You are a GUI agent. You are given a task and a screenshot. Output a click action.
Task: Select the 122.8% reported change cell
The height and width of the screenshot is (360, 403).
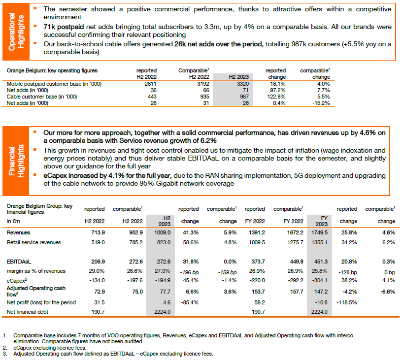(x=276, y=97)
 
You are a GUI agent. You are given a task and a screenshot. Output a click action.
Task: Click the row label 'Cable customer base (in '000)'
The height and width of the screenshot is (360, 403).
(x=42, y=97)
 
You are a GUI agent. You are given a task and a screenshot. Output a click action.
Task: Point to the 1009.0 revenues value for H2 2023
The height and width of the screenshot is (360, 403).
(x=163, y=232)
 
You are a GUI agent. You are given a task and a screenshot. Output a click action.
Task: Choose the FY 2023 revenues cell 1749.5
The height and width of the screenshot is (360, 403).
(x=319, y=232)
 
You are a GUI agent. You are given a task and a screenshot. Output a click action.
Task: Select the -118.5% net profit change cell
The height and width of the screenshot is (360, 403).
(x=347, y=302)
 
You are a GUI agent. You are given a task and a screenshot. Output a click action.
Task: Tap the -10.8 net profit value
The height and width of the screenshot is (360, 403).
(x=321, y=302)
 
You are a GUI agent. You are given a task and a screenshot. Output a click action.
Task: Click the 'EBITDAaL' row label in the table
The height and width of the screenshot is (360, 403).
(x=19, y=262)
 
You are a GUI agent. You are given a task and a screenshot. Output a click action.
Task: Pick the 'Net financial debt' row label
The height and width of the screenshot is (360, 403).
(x=28, y=312)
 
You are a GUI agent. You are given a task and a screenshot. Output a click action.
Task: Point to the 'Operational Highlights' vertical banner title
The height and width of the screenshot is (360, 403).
(x=16, y=32)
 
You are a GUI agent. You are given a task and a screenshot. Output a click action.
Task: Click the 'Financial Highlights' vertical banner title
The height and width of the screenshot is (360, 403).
(x=16, y=161)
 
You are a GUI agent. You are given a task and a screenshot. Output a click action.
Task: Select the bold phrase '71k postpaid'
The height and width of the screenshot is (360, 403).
(x=64, y=27)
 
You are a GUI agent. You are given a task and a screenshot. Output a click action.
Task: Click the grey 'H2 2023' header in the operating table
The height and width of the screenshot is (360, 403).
(x=239, y=77)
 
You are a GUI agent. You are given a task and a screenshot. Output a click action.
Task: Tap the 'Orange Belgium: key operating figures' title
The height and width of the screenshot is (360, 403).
(x=52, y=70)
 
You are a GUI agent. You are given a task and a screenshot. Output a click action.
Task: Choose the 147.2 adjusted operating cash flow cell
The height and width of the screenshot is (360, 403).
(x=321, y=292)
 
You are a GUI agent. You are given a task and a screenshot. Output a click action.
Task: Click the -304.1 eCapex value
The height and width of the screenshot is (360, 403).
(x=320, y=280)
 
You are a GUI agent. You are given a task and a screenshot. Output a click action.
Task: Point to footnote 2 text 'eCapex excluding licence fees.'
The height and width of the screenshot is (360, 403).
(x=50, y=348)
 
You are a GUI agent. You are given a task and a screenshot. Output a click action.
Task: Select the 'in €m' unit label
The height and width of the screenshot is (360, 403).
(x=13, y=221)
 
